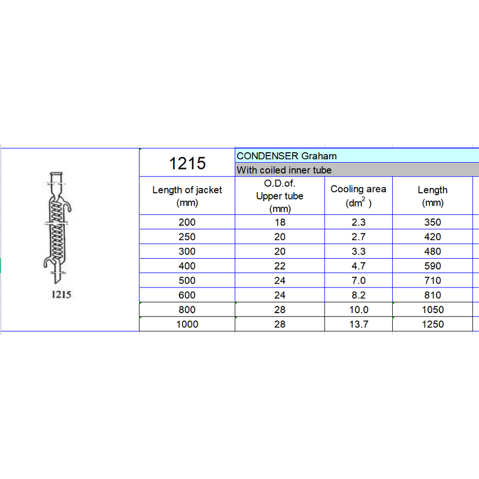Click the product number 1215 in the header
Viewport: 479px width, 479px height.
(x=187, y=163)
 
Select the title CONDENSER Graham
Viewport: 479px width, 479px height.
(x=287, y=156)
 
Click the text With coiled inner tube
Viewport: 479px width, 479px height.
(x=284, y=170)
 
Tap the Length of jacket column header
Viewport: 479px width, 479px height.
(x=187, y=196)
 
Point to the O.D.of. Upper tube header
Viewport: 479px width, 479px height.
(x=280, y=196)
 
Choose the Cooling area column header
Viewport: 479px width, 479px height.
(x=358, y=196)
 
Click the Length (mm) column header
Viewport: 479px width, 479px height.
(x=432, y=196)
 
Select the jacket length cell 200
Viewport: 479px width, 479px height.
(x=187, y=222)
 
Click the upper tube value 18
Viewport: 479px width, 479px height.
(x=280, y=222)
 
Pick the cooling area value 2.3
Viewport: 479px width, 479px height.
(x=358, y=222)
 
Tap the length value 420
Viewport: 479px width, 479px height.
(x=432, y=237)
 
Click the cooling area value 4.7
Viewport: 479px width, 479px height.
(x=358, y=266)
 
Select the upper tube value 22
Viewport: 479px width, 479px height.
(x=280, y=266)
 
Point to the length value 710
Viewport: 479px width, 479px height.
(x=432, y=280)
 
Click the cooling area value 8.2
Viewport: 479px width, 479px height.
(x=358, y=295)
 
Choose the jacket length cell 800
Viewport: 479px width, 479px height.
(x=187, y=310)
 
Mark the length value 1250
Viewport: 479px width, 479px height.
(x=432, y=324)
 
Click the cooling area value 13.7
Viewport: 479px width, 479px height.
(x=358, y=324)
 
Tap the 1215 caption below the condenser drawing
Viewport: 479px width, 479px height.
(x=57, y=295)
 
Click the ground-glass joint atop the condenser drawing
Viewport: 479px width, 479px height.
(x=57, y=178)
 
